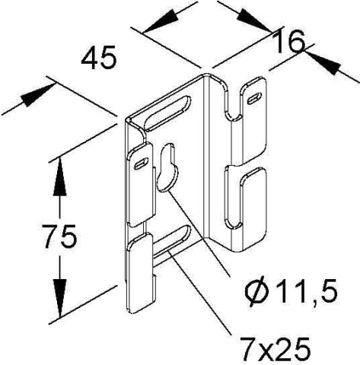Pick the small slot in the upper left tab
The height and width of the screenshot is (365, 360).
tap(142, 163)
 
